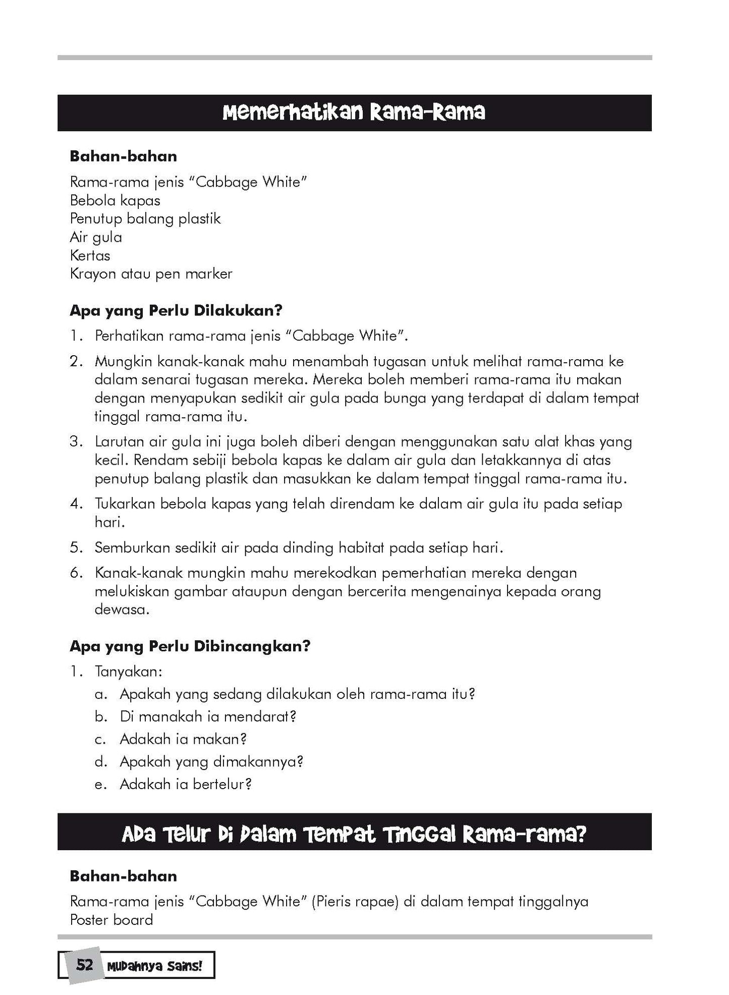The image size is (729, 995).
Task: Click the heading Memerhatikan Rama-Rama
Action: pyautogui.click(x=354, y=113)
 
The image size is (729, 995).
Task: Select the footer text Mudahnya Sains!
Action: pyautogui.click(x=154, y=966)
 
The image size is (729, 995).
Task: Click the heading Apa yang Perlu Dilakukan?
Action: pyautogui.click(x=176, y=310)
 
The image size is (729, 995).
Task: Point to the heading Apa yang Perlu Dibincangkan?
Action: pyautogui.click(x=190, y=646)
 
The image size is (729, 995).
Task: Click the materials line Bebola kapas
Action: pyautogui.click(x=115, y=200)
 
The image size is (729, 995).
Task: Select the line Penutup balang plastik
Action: pyautogui.click(x=145, y=218)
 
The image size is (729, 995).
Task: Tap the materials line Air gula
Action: pyautogui.click(x=96, y=237)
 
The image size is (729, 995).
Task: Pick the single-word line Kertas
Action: pyautogui.click(x=90, y=255)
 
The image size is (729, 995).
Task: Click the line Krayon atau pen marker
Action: pyautogui.click(x=151, y=274)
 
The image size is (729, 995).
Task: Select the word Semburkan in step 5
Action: pyautogui.click(x=132, y=547)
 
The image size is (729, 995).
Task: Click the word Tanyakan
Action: pyautogui.click(x=128, y=672)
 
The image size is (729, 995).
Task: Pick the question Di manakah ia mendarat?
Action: pyautogui.click(x=208, y=716)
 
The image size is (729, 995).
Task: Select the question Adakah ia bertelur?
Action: pyautogui.click(x=185, y=784)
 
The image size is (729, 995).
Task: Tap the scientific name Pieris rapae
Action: pyautogui.click(x=356, y=901)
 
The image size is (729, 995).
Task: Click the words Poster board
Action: pyautogui.click(x=111, y=920)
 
